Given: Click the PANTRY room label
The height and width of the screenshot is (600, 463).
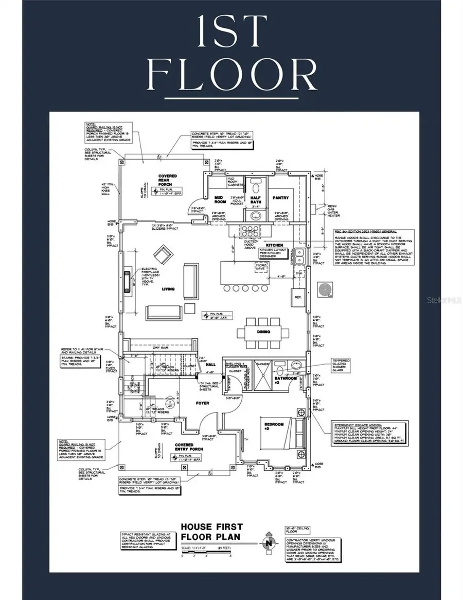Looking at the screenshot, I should (x=281, y=198).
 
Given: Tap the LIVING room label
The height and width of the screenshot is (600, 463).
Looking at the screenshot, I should (x=168, y=289).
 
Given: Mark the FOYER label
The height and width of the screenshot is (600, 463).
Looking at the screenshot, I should (x=202, y=403).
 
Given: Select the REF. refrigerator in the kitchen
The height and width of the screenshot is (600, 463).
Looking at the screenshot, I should (x=297, y=297).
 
